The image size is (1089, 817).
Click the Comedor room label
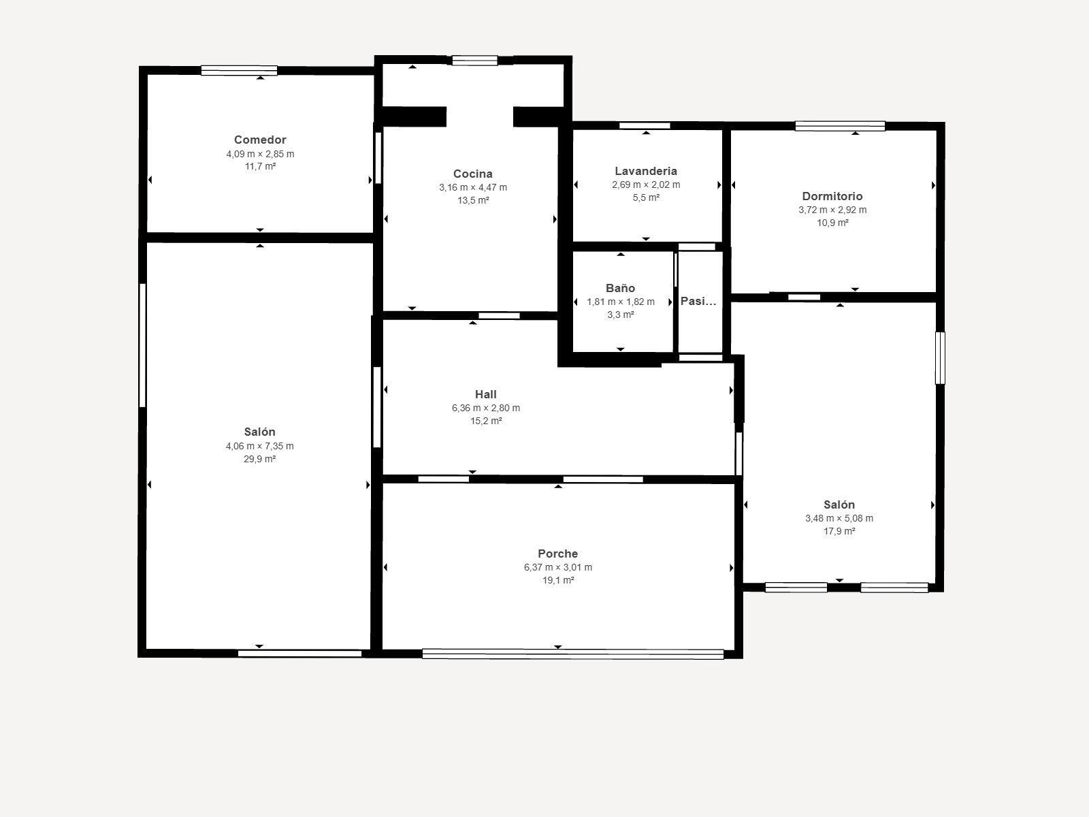pyautogui.click(x=260, y=140)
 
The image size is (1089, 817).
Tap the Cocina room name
pyautogui.click(x=472, y=174)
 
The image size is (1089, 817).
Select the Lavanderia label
pyautogui.click(x=645, y=172)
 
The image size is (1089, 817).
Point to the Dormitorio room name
pyautogui.click(x=832, y=197)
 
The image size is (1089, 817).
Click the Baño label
pyautogui.click(x=620, y=289)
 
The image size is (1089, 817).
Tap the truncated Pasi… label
pyautogui.click(x=698, y=301)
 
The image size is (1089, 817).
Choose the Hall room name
pyautogui.click(x=485, y=395)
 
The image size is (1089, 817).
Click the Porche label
pyautogui.click(x=557, y=554)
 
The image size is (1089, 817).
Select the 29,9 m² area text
pyautogui.click(x=259, y=460)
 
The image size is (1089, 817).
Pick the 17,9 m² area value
pyautogui.click(x=839, y=532)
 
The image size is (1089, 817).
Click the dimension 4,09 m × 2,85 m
pyautogui.click(x=260, y=154)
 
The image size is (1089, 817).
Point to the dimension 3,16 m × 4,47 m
pyautogui.click(x=472, y=188)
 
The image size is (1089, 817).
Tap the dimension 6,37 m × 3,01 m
pyautogui.click(x=557, y=568)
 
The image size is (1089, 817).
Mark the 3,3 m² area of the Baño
pyautogui.click(x=620, y=315)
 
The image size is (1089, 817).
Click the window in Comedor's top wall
pyautogui.click(x=239, y=70)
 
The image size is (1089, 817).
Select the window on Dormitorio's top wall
pyautogui.click(x=840, y=126)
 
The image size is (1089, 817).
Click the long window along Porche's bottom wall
pyautogui.click(x=572, y=654)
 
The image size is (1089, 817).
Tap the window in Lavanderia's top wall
pyautogui.click(x=645, y=126)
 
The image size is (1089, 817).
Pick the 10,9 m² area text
pyautogui.click(x=832, y=223)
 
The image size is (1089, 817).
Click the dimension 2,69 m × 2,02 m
pyautogui.click(x=645, y=185)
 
